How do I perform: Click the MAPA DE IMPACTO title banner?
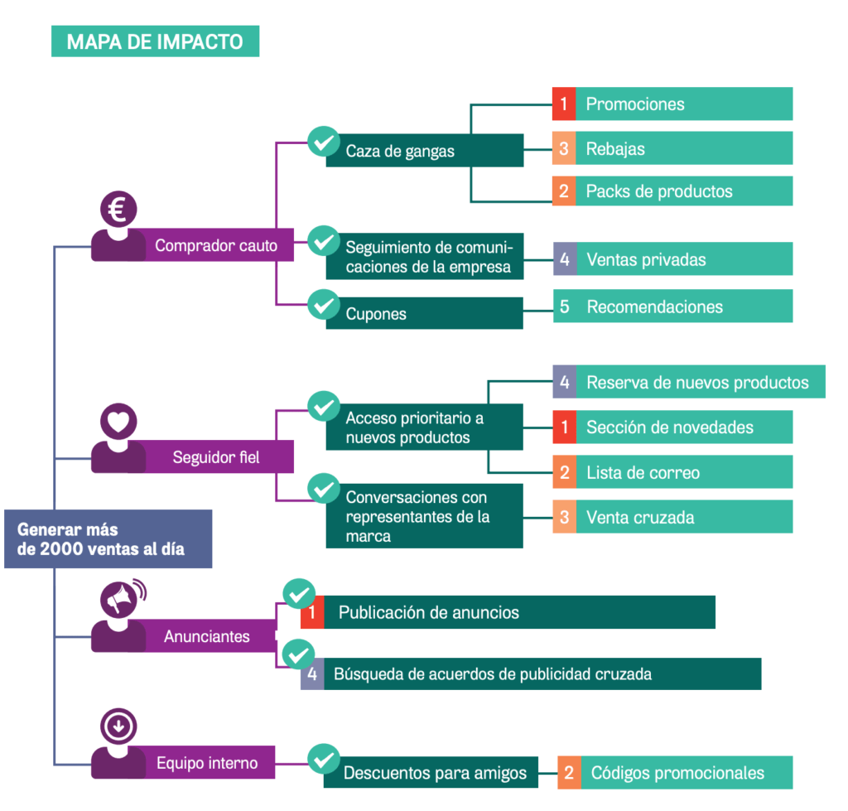coord(155,41)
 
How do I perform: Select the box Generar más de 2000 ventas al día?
coord(108,539)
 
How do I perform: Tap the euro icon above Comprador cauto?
coord(118,210)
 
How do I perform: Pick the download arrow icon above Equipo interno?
coord(118,727)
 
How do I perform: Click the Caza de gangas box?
coord(424,151)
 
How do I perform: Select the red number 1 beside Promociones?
coord(564,104)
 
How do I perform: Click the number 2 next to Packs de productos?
coord(564,191)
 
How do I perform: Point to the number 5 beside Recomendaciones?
coord(564,307)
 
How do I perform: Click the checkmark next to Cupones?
coord(323,304)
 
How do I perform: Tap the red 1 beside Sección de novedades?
coord(564,427)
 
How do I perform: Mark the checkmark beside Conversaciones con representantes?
coord(323,487)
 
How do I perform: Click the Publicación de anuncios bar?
coord(518,612)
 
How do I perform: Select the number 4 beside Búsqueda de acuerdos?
coord(312,673)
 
